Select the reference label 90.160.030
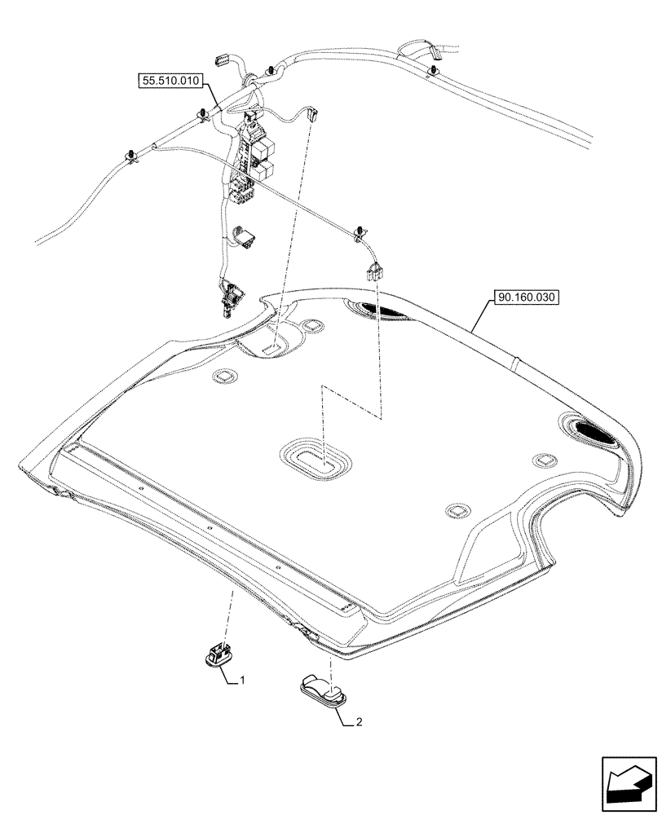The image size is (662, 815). click(525, 297)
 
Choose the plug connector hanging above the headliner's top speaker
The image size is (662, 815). click(375, 270)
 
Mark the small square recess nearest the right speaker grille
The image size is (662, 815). click(541, 461)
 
